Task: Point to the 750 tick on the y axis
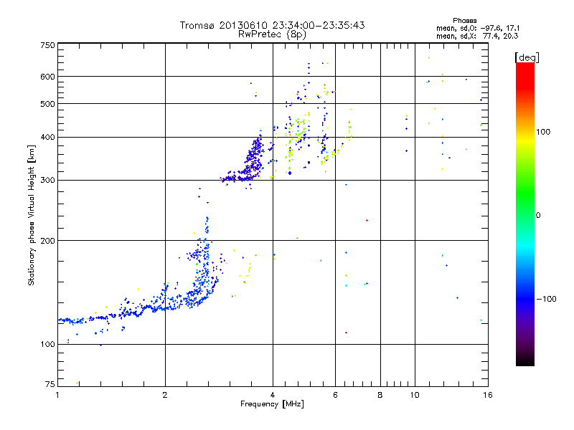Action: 47,45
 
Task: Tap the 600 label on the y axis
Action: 47,77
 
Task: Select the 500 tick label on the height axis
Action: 47,104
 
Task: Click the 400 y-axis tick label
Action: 47,137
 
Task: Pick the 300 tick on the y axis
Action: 47,181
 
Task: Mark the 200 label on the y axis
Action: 47,241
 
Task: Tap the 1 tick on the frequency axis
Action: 57,395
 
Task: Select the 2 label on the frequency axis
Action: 165,395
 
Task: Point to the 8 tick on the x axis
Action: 380,395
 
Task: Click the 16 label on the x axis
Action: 486,395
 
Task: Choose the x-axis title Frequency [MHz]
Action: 271,404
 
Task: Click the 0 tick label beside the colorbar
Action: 540,215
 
